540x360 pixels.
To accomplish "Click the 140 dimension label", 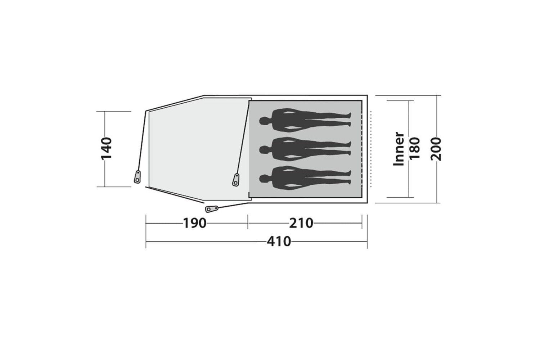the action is pyautogui.click(x=106, y=148).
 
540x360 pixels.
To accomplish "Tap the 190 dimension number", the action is pyautogui.click(x=195, y=223).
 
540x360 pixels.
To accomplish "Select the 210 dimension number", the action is pyautogui.click(x=301, y=223).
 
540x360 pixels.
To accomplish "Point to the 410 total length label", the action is pyautogui.click(x=279, y=241).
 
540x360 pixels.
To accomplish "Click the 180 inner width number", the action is pyautogui.click(x=415, y=148).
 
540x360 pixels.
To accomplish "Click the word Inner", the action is pyautogui.click(x=399, y=149).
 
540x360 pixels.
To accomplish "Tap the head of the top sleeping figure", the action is pyautogui.click(x=264, y=121).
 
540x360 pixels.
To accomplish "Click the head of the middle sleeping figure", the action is pyautogui.click(x=264, y=150).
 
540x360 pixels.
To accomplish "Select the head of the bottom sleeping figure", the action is pyautogui.click(x=264, y=179).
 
